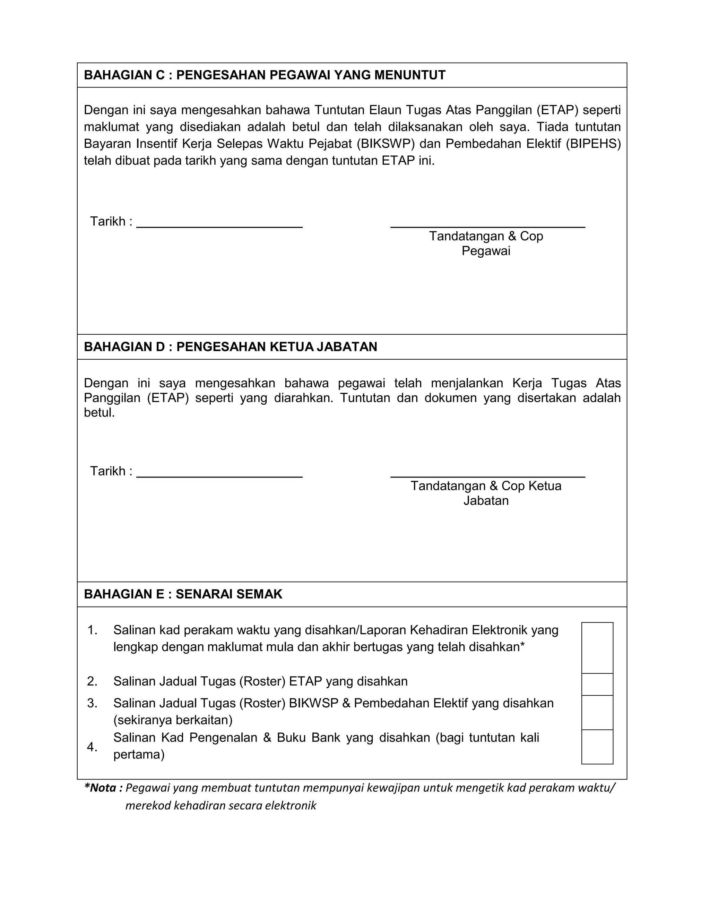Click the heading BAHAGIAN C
click(265, 75)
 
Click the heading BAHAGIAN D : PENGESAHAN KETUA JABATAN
click(231, 347)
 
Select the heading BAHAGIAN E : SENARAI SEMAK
click(183, 594)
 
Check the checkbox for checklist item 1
click(597, 647)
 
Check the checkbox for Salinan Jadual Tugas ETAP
click(597, 684)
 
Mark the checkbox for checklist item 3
click(597, 712)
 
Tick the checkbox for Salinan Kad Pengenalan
click(597, 747)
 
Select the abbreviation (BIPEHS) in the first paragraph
click(593, 144)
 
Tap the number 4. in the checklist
click(92, 747)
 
